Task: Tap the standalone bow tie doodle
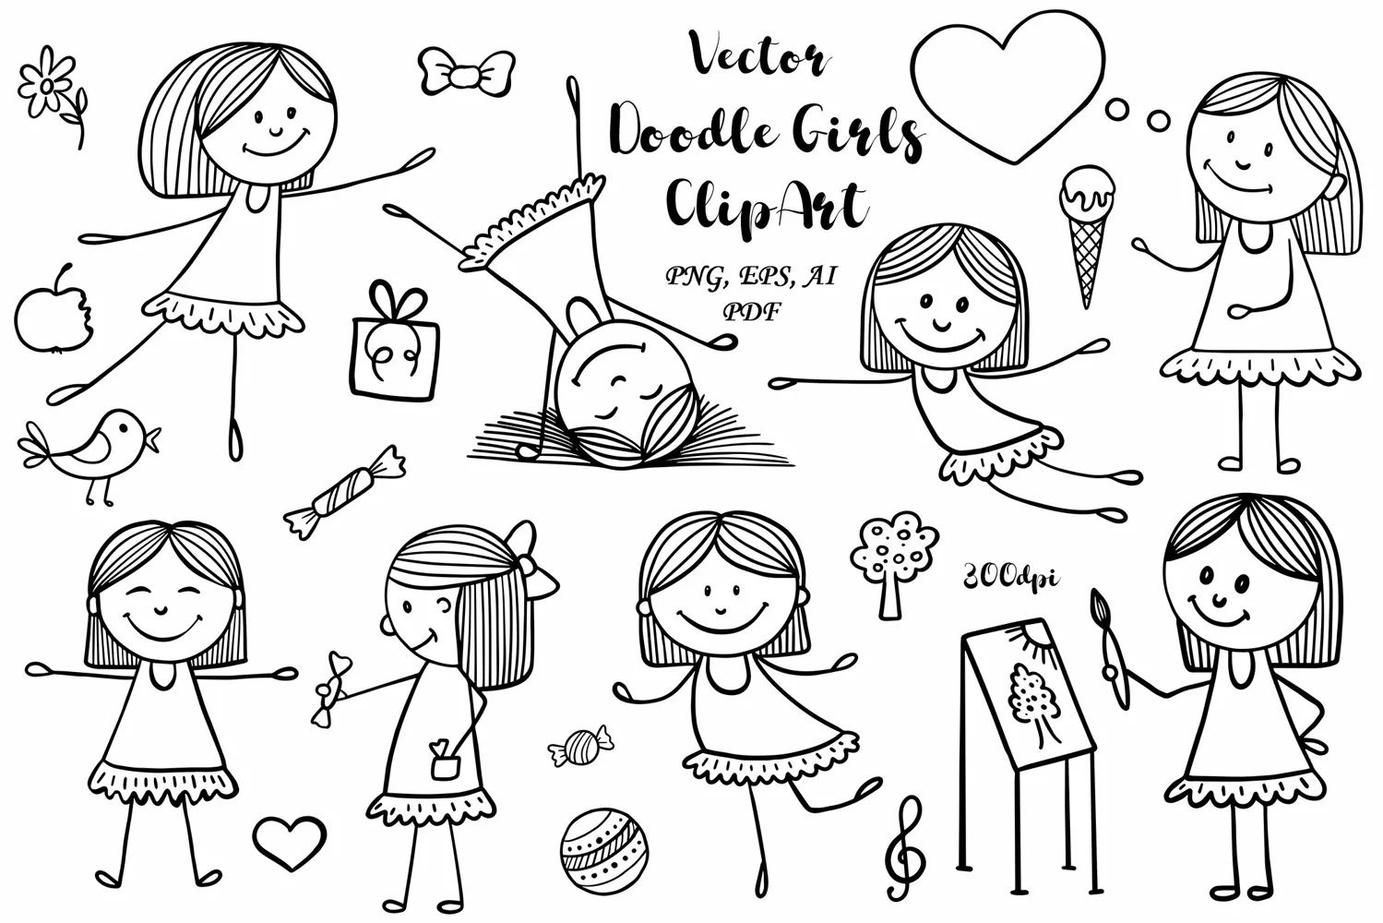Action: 467,73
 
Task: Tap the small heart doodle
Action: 290,842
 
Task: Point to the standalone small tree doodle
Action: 893,565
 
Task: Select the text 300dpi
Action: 1010,578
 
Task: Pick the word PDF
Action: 751,312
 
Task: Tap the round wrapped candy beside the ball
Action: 581,747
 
